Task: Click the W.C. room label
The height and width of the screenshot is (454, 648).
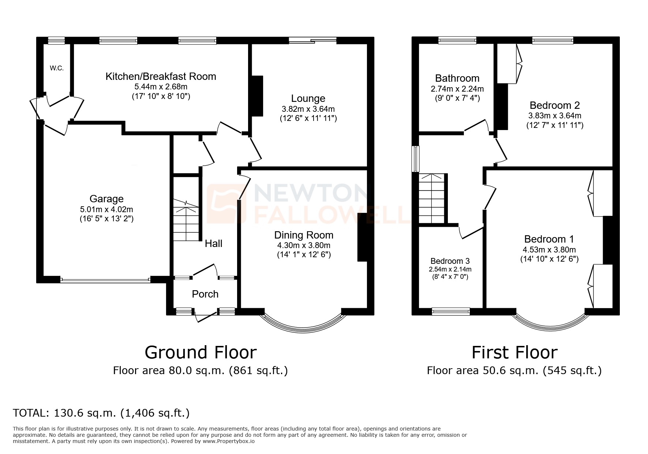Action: pyautogui.click(x=57, y=68)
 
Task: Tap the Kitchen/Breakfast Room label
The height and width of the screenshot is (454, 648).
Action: pyautogui.click(x=161, y=76)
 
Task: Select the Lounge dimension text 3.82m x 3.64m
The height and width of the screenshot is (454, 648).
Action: pyautogui.click(x=308, y=109)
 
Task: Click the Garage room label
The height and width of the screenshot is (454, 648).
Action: pyautogui.click(x=106, y=199)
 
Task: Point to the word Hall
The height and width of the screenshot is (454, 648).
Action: pyautogui.click(x=213, y=244)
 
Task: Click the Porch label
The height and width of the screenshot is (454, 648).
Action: pyautogui.click(x=205, y=294)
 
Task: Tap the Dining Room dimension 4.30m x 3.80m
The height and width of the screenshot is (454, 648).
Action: pyautogui.click(x=304, y=246)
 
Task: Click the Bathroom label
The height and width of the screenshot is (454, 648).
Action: pyautogui.click(x=457, y=78)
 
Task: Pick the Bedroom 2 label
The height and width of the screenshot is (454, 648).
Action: pyautogui.click(x=554, y=105)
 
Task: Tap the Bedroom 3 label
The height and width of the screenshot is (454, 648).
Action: pyautogui.click(x=450, y=261)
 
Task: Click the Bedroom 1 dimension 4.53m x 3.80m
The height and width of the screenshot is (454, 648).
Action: pyautogui.click(x=549, y=250)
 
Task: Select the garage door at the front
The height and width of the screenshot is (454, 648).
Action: pyautogui.click(x=105, y=280)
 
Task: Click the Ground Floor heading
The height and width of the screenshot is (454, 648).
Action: pyautogui.click(x=201, y=352)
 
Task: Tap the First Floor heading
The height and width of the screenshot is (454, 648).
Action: pyautogui.click(x=514, y=352)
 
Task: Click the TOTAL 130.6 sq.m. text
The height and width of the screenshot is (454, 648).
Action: pyautogui.click(x=101, y=413)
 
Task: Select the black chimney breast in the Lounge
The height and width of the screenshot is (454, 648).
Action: pyautogui.click(x=257, y=96)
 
